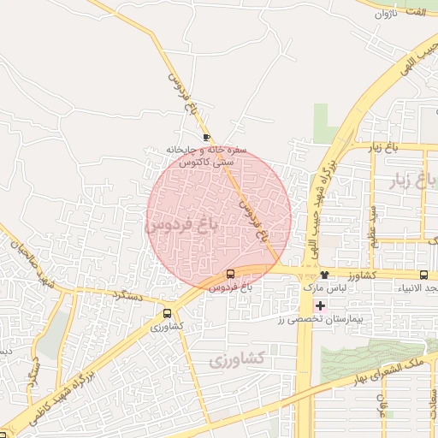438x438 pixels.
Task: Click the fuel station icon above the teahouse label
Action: pos(207,137)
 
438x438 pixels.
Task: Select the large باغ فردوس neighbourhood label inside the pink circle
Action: pos(183,225)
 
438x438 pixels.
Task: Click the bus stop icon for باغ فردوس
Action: pos(230,275)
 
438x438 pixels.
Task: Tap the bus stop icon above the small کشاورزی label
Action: pos(167,314)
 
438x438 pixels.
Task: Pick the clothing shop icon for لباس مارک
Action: pos(324,275)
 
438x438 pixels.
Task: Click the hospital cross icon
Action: pos(320,305)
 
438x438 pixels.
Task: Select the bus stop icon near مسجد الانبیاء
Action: pos(424,275)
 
